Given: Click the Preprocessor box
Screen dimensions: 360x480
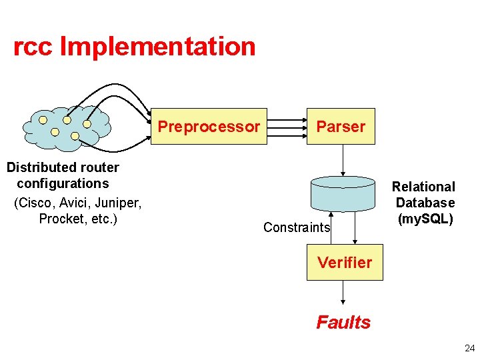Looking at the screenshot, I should (209, 126).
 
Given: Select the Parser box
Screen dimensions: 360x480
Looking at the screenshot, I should (341, 126).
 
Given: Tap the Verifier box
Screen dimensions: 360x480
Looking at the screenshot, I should (345, 263).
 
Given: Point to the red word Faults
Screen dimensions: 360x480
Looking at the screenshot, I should (343, 323).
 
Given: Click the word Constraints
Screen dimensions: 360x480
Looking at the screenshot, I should (297, 227).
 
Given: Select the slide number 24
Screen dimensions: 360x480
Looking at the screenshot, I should (469, 347).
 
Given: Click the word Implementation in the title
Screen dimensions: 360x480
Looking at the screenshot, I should (157, 47).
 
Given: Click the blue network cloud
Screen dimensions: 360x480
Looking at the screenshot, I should (65, 127).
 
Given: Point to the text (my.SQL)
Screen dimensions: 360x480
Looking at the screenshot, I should (425, 219).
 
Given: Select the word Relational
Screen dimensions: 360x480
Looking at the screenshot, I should (423, 187).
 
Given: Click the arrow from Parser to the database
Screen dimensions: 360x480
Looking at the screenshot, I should (343, 160).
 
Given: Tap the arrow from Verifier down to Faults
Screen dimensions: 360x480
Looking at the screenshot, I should (343, 291).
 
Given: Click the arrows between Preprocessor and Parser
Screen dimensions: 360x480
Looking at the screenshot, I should (287, 126).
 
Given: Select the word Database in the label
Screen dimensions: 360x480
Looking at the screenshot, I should (425, 203).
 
